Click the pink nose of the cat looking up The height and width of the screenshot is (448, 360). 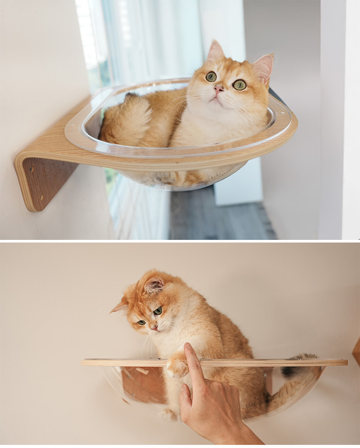pos(219,89)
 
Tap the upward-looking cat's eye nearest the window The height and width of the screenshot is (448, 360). pos(211,77)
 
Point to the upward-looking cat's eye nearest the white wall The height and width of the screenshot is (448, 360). pos(239,85)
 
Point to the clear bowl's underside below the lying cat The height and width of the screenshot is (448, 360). pos(180,177)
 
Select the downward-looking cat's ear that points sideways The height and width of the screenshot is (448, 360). pos(119,307)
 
